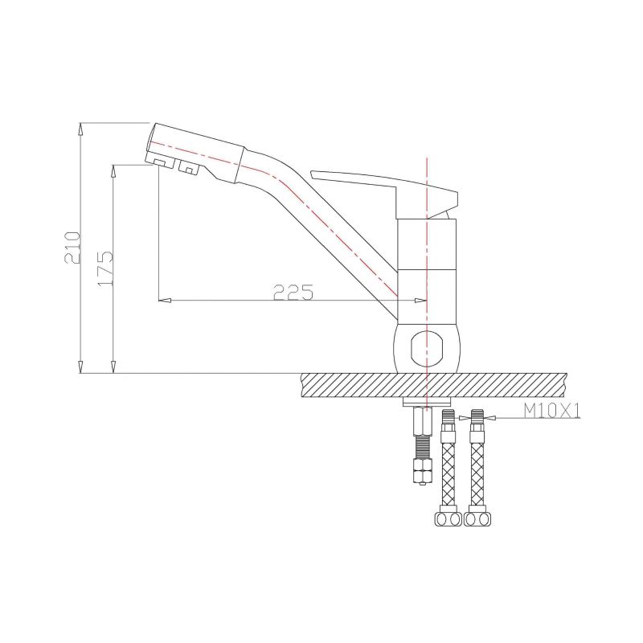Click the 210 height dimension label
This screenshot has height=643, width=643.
pos(72,248)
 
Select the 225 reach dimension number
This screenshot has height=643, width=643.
pos(293,293)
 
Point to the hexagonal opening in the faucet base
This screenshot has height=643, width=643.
pos(426,349)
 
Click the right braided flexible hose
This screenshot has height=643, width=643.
pos(477,466)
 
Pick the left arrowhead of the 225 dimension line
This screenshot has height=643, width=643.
pos(164,301)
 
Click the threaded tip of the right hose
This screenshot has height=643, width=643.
pos(478,417)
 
